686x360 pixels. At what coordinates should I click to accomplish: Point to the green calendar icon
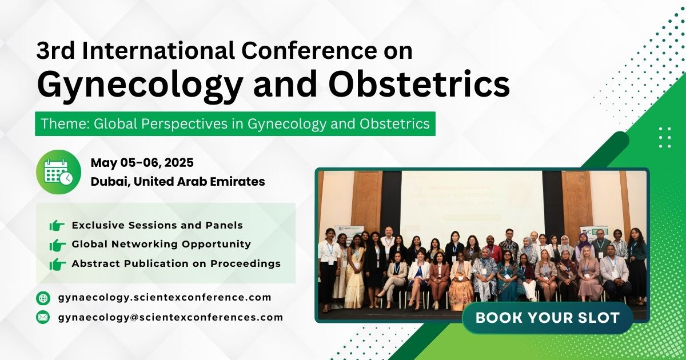[58, 172]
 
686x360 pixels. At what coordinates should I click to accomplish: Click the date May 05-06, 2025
[142, 163]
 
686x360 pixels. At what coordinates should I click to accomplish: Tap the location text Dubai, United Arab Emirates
[177, 182]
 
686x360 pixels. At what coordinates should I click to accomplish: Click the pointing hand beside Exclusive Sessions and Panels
[57, 226]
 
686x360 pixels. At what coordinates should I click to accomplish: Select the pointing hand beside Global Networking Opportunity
[57, 245]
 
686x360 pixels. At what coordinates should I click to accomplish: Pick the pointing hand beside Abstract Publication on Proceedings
[57, 264]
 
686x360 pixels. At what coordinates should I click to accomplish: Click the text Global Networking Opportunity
[161, 244]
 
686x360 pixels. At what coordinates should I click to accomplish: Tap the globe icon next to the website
[43, 298]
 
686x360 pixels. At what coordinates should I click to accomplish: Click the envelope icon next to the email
[43, 317]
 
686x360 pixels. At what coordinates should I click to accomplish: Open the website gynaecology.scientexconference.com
[165, 298]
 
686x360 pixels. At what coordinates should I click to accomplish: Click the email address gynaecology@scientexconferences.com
[170, 317]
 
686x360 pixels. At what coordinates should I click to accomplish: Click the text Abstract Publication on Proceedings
[176, 263]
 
